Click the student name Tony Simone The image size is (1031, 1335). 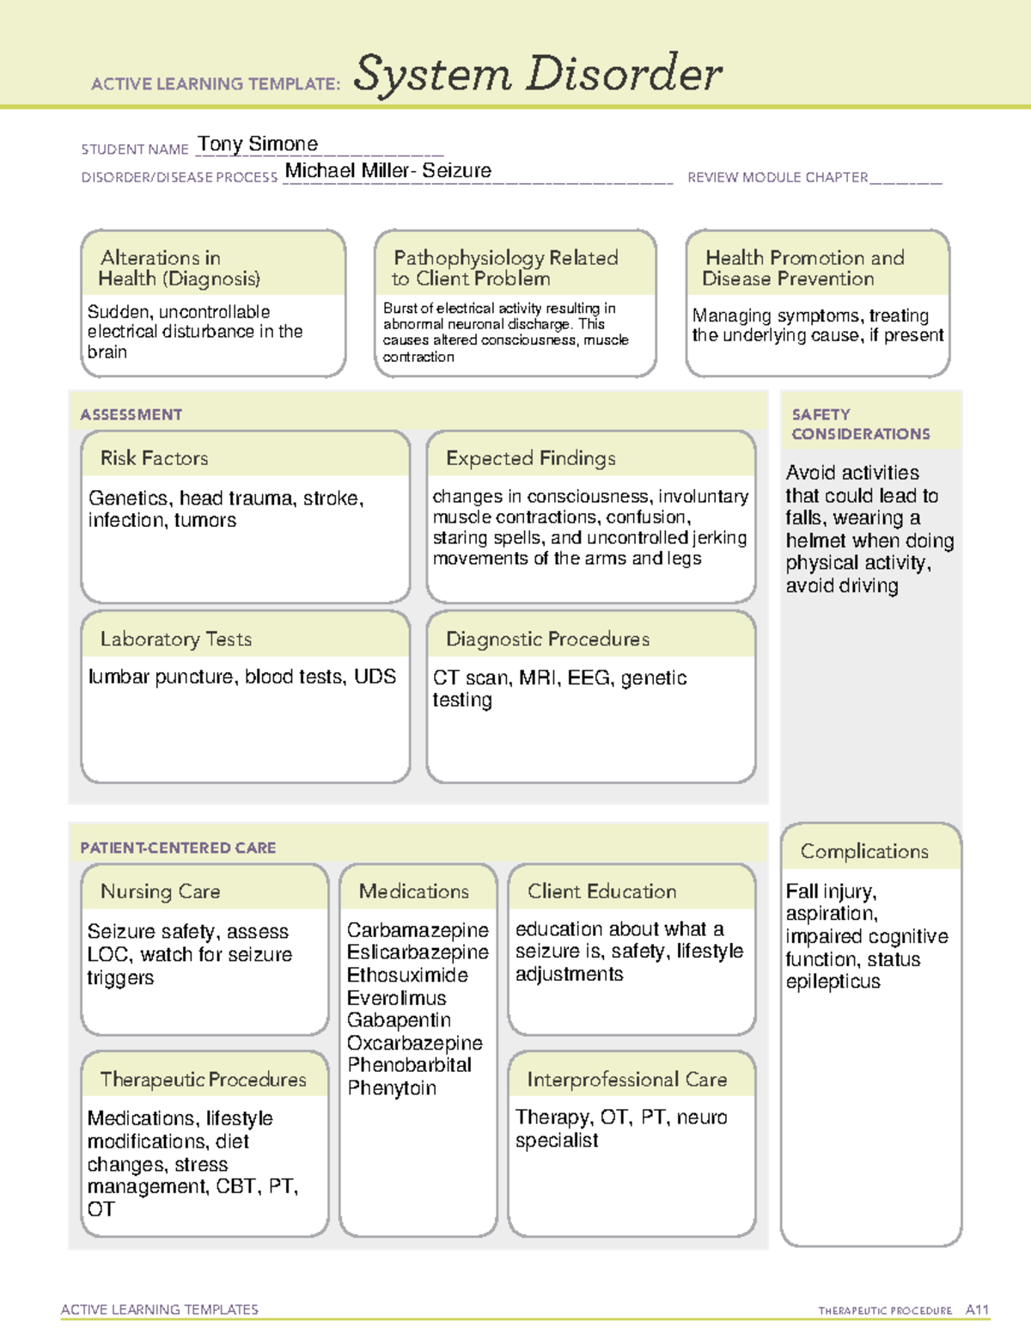point(258,144)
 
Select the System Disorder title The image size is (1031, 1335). point(538,74)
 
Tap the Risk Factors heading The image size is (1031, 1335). point(154,458)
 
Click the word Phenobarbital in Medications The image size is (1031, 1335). point(409,1065)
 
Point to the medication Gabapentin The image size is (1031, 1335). point(399,1020)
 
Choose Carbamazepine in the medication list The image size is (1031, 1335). point(418,930)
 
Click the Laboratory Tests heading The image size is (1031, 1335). point(176,639)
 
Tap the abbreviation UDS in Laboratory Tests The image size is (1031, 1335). point(375,677)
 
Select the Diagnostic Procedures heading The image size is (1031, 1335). point(547,639)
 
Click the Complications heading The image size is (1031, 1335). point(864,851)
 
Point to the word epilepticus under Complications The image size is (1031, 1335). point(833,982)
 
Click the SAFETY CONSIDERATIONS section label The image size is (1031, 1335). point(860,424)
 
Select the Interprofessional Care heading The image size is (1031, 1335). point(626,1080)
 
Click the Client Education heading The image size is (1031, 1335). point(601,891)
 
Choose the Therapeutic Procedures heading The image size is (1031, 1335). point(203,1080)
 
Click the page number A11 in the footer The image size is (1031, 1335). point(977,1310)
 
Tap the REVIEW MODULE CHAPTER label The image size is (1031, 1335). point(777,177)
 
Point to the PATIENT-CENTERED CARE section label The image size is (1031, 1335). point(178,848)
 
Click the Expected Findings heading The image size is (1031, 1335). point(530,458)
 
